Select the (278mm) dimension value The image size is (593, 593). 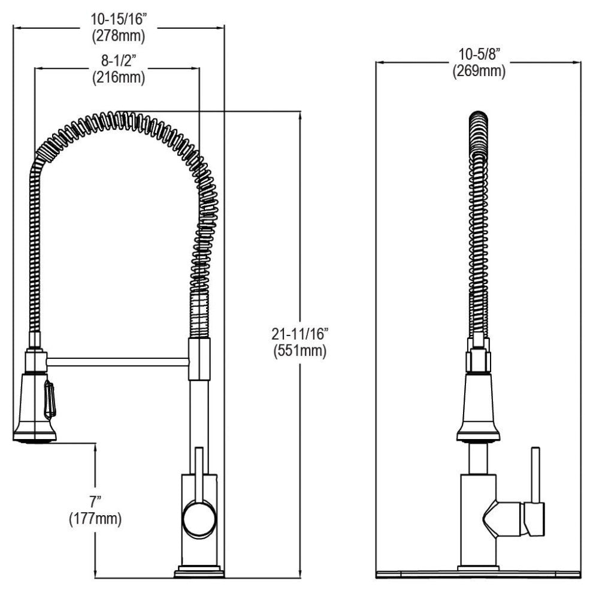click(x=119, y=36)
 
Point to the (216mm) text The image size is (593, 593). click(x=118, y=77)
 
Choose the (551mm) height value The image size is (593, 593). click(x=298, y=351)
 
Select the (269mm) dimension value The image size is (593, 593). click(x=479, y=71)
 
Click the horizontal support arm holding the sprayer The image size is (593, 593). click(x=117, y=361)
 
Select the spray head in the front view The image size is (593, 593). click(x=477, y=407)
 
